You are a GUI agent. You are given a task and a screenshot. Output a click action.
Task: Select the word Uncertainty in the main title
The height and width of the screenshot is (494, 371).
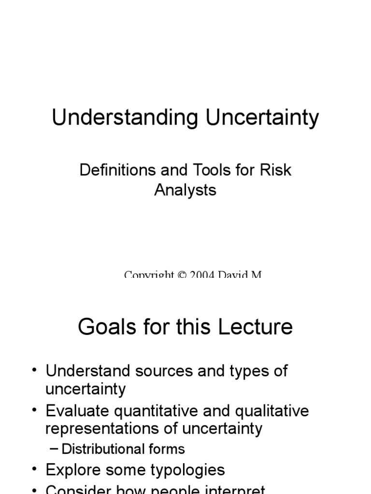click(x=263, y=118)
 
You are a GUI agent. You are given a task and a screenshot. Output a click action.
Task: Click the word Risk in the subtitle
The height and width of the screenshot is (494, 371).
click(x=275, y=170)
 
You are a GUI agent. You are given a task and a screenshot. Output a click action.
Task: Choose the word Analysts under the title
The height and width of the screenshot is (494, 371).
click(x=185, y=190)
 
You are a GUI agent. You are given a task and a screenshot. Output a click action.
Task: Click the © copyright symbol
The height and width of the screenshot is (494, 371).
click(x=182, y=275)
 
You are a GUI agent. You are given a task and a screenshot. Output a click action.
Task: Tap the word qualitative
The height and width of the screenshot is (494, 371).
click(x=272, y=411)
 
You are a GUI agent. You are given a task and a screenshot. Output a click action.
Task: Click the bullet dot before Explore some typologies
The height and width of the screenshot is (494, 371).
click(x=34, y=469)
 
